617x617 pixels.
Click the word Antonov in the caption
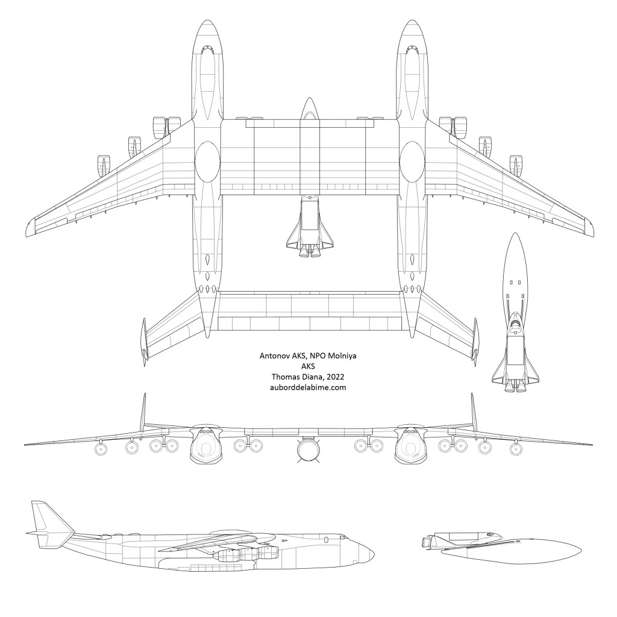[274, 355]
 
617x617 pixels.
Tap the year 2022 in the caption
[335, 377]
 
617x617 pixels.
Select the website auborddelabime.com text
[308, 387]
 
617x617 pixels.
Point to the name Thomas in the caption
[285, 377]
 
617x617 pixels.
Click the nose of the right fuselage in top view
[412, 22]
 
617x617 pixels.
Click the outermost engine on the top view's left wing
[104, 165]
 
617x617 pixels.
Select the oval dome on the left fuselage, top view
[207, 162]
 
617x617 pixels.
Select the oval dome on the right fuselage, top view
[412, 162]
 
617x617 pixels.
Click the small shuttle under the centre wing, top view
[310, 226]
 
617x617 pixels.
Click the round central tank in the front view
[308, 449]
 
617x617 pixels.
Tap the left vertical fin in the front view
[143, 412]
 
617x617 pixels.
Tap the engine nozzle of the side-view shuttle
[426, 543]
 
